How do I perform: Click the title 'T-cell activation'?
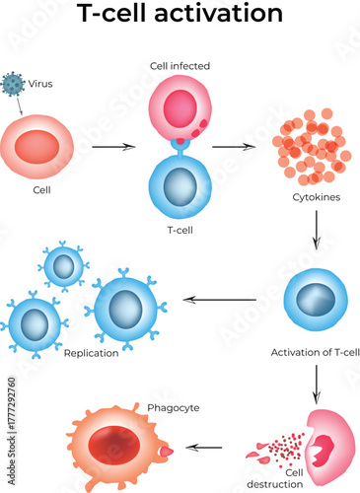click(x=180, y=15)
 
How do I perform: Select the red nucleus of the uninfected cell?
click(x=42, y=145)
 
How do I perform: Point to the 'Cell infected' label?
click(x=180, y=66)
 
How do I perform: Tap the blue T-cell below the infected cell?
click(x=180, y=185)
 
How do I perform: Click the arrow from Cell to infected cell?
click(x=112, y=147)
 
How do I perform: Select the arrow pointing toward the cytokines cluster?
click(x=233, y=147)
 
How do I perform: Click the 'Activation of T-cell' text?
click(x=315, y=351)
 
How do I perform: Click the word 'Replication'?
click(x=91, y=352)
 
